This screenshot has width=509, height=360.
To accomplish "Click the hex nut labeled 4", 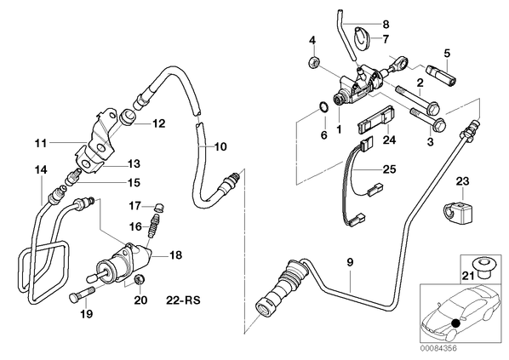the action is pyautogui.click(x=313, y=61).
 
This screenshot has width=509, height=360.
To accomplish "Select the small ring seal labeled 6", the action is pyautogui.click(x=323, y=107).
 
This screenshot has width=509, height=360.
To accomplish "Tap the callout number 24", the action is pyautogui.click(x=389, y=140).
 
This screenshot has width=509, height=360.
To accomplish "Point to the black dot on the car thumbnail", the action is pyautogui.click(x=456, y=323).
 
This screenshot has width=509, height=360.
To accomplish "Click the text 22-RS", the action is pyautogui.click(x=183, y=300).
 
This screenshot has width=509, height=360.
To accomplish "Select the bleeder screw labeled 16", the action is pyautogui.click(x=152, y=226).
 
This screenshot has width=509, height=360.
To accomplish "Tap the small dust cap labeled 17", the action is pyautogui.click(x=158, y=207).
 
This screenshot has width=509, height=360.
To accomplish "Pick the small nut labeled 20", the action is pyautogui.click(x=140, y=279).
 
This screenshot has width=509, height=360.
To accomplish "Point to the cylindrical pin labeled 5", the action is pyautogui.click(x=439, y=74).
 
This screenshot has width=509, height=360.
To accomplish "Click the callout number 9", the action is pyautogui.click(x=350, y=262).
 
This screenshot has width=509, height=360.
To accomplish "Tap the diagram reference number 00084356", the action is pyautogui.click(x=438, y=349).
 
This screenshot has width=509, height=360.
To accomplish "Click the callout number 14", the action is pyautogui.click(x=41, y=169).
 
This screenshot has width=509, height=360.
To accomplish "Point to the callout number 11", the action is pyautogui.click(x=41, y=143).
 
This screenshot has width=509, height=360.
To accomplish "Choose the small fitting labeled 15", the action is pyautogui.click(x=71, y=177).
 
